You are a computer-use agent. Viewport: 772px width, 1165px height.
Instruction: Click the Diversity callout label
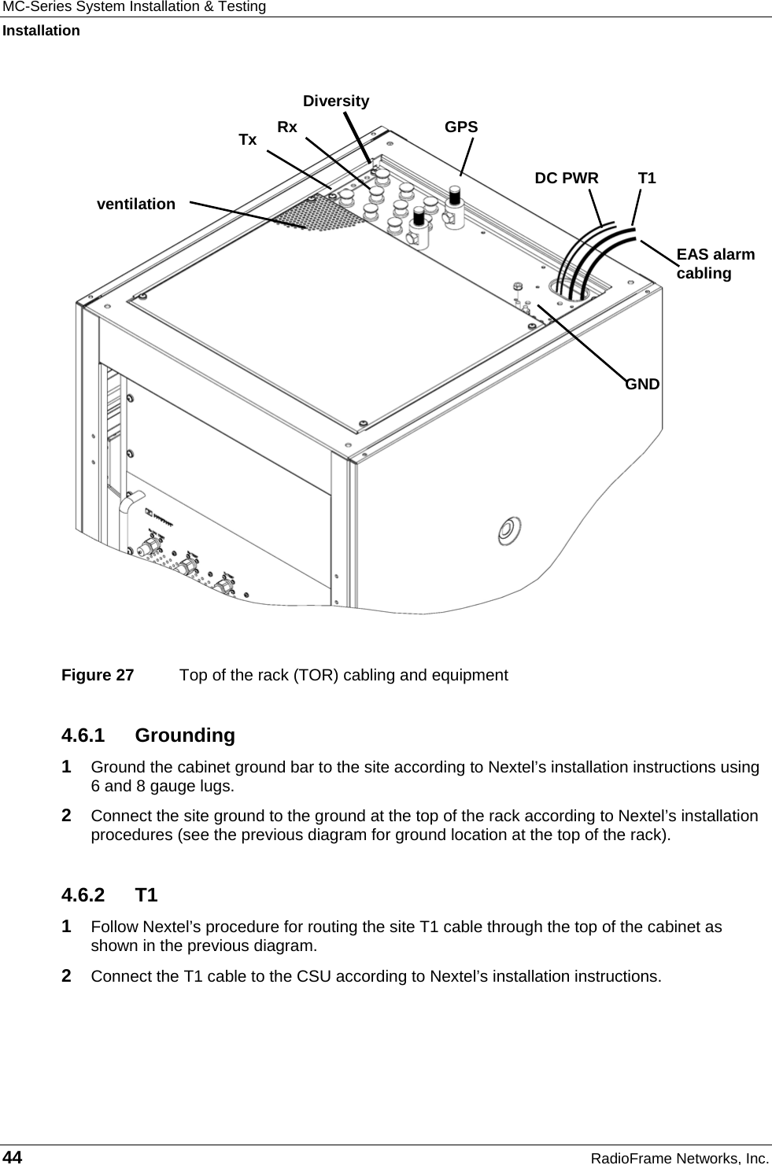point(336,101)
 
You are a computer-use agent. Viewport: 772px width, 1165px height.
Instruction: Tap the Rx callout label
point(287,127)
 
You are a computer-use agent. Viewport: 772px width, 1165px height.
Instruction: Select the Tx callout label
point(248,140)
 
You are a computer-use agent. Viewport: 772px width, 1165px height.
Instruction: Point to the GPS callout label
point(461,127)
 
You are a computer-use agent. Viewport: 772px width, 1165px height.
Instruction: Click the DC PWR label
point(567,178)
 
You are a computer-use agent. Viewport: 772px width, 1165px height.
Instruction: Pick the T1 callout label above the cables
point(647,178)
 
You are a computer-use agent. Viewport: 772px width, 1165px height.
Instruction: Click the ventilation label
point(136,204)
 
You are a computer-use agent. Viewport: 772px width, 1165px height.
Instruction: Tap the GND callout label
point(643,384)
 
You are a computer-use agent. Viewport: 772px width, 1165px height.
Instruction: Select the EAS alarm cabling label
point(715,264)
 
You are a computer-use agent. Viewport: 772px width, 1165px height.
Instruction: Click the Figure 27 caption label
point(98,675)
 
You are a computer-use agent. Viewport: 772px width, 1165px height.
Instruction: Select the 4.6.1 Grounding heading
point(148,735)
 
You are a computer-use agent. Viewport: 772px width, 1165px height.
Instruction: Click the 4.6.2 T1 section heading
point(109,895)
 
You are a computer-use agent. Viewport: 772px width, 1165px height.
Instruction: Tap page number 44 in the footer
point(13,1156)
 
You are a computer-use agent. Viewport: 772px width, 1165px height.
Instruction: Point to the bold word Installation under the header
point(41,31)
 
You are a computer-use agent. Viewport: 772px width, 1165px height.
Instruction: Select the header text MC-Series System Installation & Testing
point(133,7)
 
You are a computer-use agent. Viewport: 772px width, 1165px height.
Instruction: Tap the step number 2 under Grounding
point(68,815)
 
